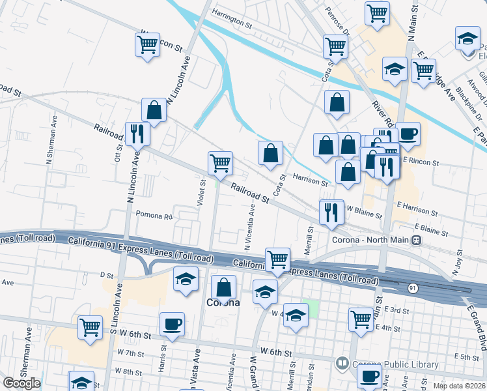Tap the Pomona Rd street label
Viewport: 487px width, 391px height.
coord(153,216)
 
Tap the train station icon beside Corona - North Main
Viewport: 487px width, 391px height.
coord(415,240)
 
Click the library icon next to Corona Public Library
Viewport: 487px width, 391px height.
coord(341,362)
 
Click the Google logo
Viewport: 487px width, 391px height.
coord(21,383)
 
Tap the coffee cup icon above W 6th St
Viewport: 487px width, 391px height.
coord(172,324)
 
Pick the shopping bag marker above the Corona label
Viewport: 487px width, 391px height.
coord(223,287)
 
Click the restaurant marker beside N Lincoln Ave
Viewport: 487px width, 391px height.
coord(137,134)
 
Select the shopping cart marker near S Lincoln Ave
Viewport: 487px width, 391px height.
coord(90,327)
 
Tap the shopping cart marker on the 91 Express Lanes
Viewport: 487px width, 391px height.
coord(278,259)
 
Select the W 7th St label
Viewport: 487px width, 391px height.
coord(130,353)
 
